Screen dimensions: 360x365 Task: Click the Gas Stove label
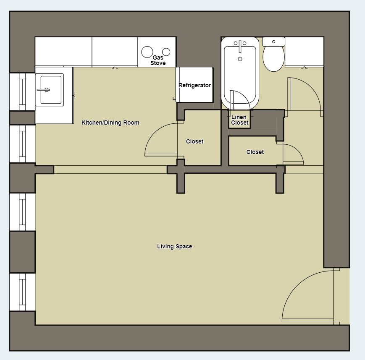pyautogui.click(x=158, y=60)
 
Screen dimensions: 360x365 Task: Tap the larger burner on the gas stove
pyautogui.click(x=147, y=52)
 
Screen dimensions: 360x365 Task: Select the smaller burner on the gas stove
pyautogui.click(x=166, y=52)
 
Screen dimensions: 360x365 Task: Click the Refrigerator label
pyautogui.click(x=194, y=85)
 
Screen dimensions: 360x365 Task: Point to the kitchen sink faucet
pyautogui.click(x=44, y=89)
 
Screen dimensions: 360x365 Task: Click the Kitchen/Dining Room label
pyautogui.click(x=110, y=123)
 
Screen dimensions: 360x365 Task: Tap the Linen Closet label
pyautogui.click(x=239, y=120)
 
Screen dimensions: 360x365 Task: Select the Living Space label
pyautogui.click(x=174, y=246)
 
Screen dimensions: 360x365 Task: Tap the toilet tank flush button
pyautogui.click(x=274, y=42)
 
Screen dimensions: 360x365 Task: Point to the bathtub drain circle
pyautogui.click(x=240, y=59)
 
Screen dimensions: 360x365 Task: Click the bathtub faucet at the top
pyautogui.click(x=240, y=44)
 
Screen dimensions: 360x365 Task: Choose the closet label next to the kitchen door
pyautogui.click(x=194, y=141)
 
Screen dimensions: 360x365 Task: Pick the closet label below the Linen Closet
pyautogui.click(x=255, y=152)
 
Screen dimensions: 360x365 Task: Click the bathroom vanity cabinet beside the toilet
pyautogui.click(x=304, y=52)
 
